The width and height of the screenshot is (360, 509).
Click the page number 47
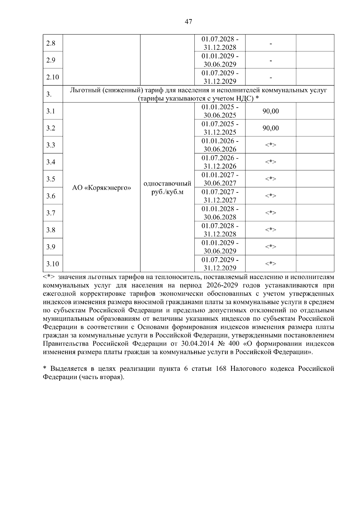point(189,22)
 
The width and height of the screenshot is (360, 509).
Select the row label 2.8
point(51,43)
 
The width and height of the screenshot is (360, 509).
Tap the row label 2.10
point(52,77)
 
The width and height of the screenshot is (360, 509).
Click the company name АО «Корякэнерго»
point(101,188)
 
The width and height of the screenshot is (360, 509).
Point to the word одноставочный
point(167,183)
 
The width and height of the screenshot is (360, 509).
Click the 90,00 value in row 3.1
point(271,111)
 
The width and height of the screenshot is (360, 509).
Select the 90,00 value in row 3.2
point(271,128)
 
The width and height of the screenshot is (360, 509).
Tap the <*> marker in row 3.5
point(271,179)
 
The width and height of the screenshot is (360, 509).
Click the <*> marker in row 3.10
point(271,264)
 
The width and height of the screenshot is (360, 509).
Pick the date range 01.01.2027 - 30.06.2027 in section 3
point(220,179)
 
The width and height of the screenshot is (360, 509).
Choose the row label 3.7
point(51,213)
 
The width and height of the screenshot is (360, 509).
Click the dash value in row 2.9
point(271,61)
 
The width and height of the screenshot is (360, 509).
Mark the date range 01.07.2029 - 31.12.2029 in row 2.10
point(220,77)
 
